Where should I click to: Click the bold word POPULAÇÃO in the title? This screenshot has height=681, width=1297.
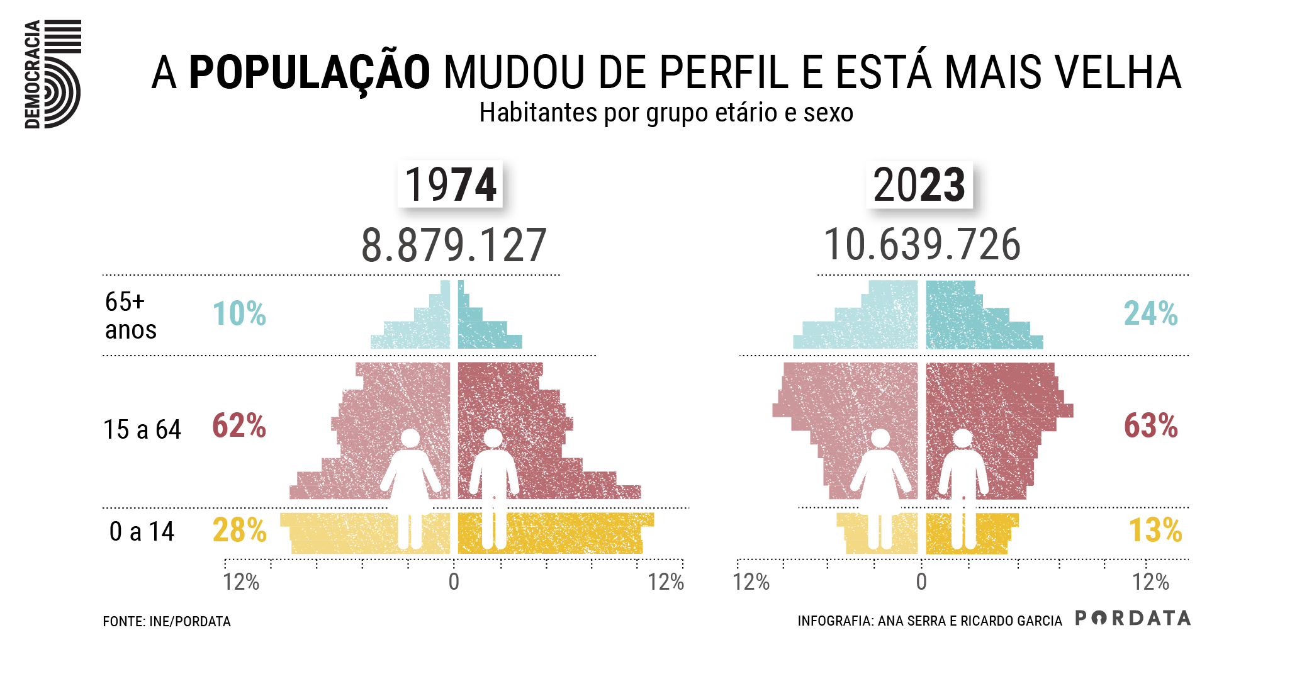click(x=309, y=73)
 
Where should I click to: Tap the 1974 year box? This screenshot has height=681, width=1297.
click(x=450, y=184)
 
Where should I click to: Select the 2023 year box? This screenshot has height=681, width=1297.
click(x=919, y=184)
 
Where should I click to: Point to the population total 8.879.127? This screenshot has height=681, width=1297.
click(x=453, y=245)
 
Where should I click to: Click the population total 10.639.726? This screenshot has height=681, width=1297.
click(x=922, y=245)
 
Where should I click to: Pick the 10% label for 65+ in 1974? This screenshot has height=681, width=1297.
click(x=239, y=313)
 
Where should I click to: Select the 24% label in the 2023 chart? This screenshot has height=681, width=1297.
click(x=1150, y=313)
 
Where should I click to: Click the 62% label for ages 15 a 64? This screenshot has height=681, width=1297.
click(x=239, y=426)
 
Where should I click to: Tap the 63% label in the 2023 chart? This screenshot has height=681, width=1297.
click(x=1150, y=426)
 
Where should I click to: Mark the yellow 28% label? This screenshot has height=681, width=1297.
click(x=239, y=531)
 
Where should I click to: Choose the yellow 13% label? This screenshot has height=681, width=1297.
click(x=1155, y=531)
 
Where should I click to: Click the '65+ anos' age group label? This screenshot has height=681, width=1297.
click(x=130, y=315)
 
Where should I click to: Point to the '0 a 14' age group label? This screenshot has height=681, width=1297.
click(x=142, y=532)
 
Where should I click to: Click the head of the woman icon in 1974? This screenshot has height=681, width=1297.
click(x=410, y=439)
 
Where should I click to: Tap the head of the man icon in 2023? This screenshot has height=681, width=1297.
click(x=962, y=439)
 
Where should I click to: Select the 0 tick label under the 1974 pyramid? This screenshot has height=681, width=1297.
click(x=454, y=582)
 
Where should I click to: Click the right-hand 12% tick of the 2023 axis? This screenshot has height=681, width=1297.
click(x=1150, y=582)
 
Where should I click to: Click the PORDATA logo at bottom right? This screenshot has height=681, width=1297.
click(x=1133, y=618)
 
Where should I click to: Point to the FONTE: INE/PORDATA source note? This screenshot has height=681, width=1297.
click(x=167, y=622)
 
